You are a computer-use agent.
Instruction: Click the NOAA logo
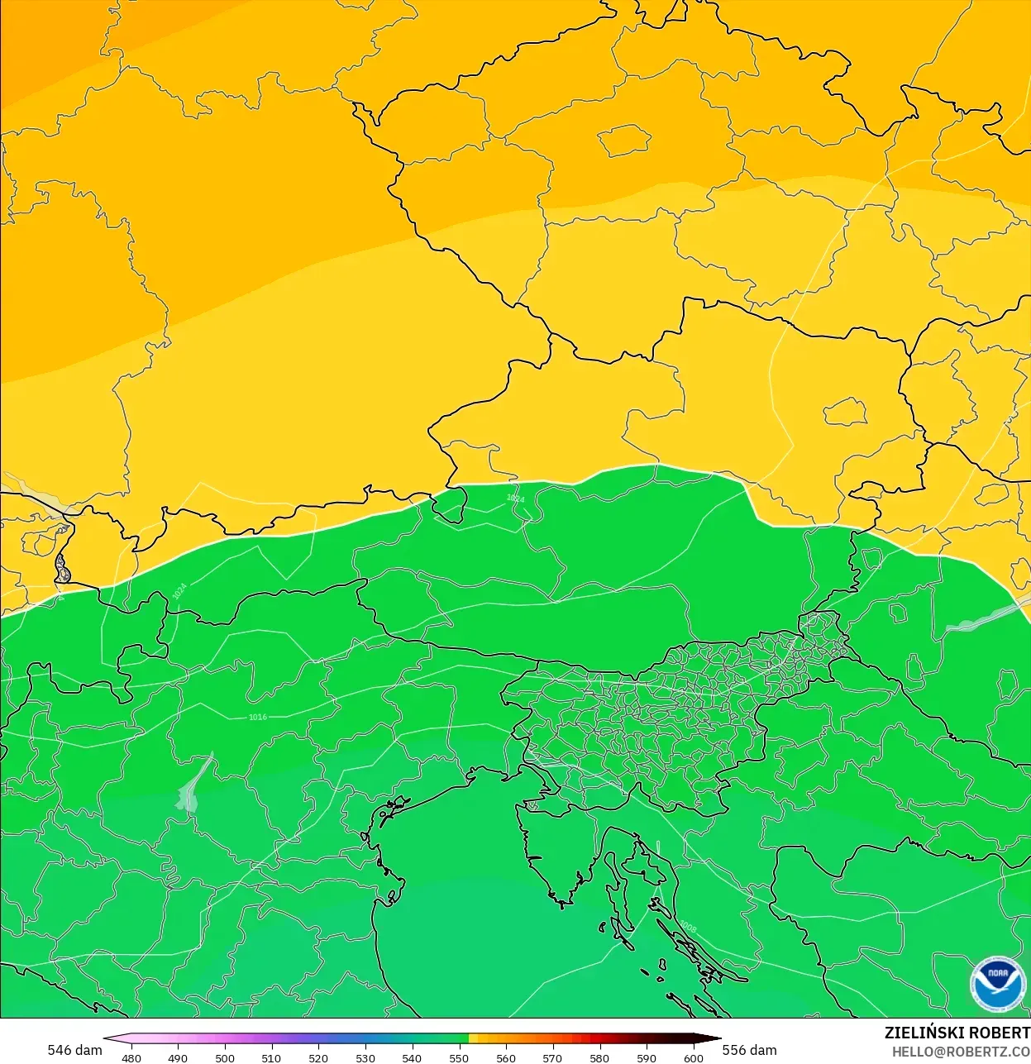point(998,984)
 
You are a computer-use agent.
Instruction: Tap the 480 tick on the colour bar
point(131,1057)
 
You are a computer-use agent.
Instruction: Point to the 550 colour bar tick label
point(459,1057)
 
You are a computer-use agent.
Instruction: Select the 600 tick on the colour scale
point(694,1057)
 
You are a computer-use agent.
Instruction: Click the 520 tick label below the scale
point(318,1057)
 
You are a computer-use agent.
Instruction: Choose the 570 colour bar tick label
point(552,1057)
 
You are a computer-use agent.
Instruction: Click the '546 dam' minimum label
point(74,1050)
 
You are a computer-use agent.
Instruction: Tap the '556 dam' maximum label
point(750,1050)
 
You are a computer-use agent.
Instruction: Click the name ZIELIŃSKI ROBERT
point(957,1033)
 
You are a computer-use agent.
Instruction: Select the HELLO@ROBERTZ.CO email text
point(961,1052)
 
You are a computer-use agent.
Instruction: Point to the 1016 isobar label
point(258,717)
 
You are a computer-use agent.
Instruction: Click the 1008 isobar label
point(688,928)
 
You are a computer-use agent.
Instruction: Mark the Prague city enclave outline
point(624,141)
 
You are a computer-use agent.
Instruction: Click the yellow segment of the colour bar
point(473,1038)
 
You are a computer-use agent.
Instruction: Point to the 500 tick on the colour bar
point(225,1057)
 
